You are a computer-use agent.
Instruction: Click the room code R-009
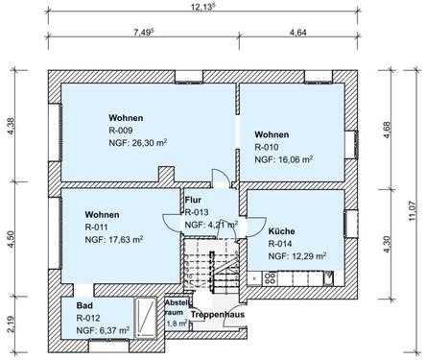[122, 131]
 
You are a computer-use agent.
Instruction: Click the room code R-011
[97, 227]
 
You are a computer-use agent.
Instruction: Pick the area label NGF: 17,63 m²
[113, 240]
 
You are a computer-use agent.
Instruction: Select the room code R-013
[197, 211]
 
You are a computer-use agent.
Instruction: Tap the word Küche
[281, 231]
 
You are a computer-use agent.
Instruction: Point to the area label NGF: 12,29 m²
[297, 256]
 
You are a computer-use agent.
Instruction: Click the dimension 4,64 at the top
[297, 32]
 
